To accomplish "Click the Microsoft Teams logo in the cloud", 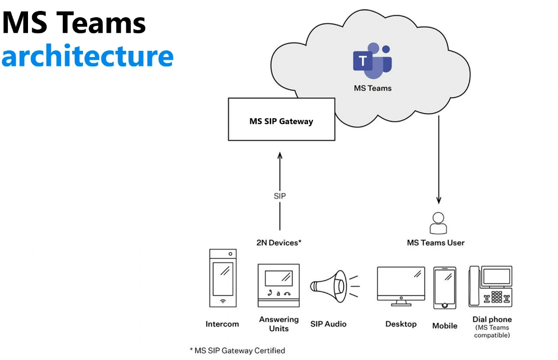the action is coord(372,61).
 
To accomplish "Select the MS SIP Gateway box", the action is coord(282,119).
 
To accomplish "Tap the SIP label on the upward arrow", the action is coord(280,196).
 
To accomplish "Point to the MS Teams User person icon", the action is coord(438,223).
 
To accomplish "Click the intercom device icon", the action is coord(223,278).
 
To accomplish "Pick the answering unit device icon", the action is coord(278,286).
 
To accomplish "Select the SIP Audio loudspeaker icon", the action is coord(334,286).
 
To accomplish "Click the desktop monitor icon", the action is coord(401,286).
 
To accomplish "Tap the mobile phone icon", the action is coord(445,288).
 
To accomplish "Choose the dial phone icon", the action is coord(491,286).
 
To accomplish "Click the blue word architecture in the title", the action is coord(88,56).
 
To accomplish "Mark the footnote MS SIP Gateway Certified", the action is coord(238,351).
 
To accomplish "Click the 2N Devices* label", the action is coord(279,243).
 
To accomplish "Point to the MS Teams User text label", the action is coord(436,243).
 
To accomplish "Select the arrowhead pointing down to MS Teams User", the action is coord(439,200).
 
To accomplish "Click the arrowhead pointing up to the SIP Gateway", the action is coord(280,156).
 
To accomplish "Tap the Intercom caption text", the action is coord(222,324).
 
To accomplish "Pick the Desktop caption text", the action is coord(401,324).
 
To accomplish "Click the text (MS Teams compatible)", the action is coord(492,331).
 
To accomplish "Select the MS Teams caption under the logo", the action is coord(372,88).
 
